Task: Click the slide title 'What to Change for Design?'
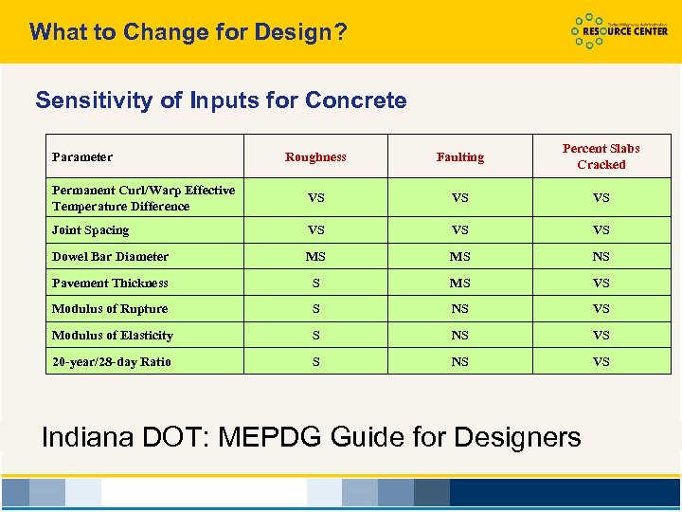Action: (x=188, y=32)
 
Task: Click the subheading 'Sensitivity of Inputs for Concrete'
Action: (x=221, y=101)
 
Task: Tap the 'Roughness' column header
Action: (x=315, y=157)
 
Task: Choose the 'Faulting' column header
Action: (x=459, y=157)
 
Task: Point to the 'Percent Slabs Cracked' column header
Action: (x=601, y=156)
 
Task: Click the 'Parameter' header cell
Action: (x=82, y=157)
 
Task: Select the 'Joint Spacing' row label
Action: (x=91, y=230)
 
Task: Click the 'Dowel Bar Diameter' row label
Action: (x=110, y=257)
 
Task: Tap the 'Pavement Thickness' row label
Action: (x=110, y=283)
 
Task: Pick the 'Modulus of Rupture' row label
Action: (x=110, y=309)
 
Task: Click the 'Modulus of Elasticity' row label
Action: (x=113, y=336)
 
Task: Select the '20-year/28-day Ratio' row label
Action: (x=112, y=362)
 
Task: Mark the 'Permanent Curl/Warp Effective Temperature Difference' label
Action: (x=143, y=198)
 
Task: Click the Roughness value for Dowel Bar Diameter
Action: (x=315, y=257)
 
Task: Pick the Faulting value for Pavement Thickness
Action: (x=459, y=283)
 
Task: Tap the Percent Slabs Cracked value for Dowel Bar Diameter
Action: (x=601, y=257)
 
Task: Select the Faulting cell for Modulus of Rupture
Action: (x=459, y=309)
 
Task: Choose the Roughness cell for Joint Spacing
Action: (x=315, y=230)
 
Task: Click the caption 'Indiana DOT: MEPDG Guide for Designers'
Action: (x=312, y=437)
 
